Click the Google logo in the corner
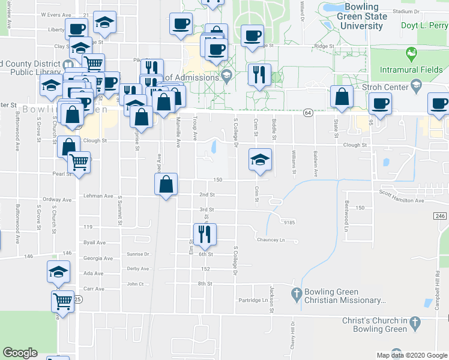pyautogui.click(x=20, y=353)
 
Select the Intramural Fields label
pyautogui.click(x=411, y=70)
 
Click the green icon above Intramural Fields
pyautogui.click(x=412, y=55)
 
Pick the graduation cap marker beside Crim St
pyautogui.click(x=261, y=160)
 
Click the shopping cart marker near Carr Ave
pyautogui.click(x=62, y=301)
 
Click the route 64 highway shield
pyautogui.click(x=308, y=112)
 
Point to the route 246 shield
pyautogui.click(x=440, y=216)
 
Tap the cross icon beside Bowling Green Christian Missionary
pyautogui.click(x=295, y=294)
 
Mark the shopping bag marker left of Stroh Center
pyautogui.click(x=342, y=98)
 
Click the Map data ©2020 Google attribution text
pyautogui.click(x=411, y=355)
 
